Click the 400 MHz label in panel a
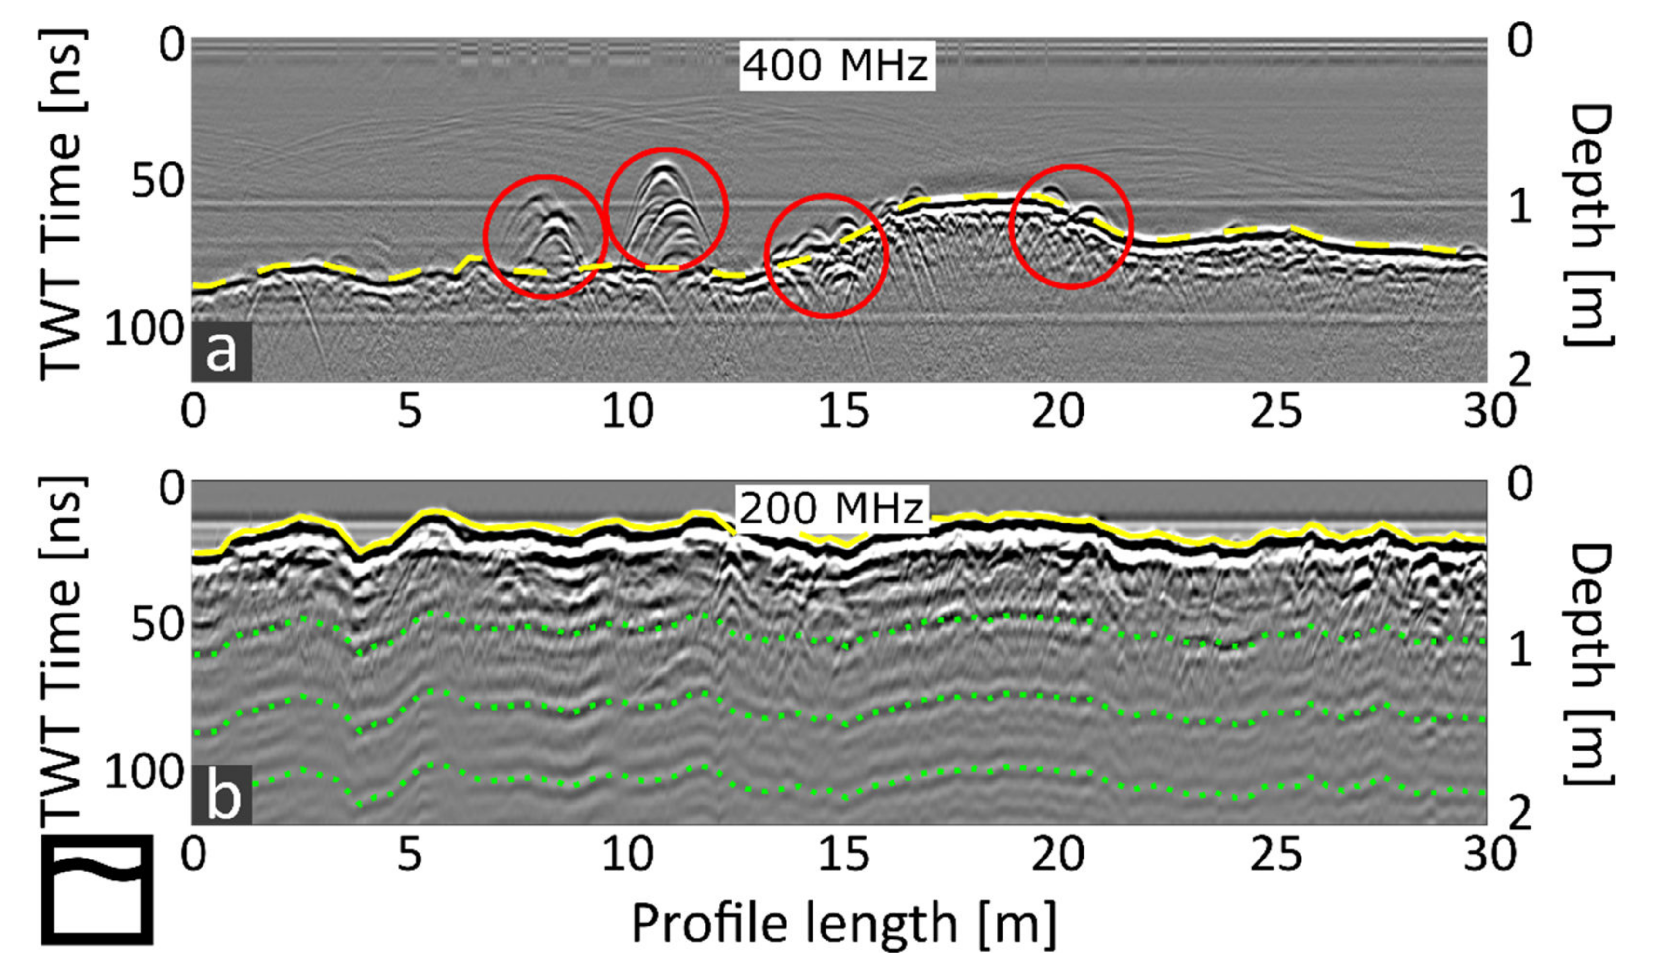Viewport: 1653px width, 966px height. [x=836, y=66]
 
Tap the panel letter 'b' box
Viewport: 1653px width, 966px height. [x=222, y=795]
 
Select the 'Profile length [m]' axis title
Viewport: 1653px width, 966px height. [x=844, y=924]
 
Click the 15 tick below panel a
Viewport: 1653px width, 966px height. [x=843, y=412]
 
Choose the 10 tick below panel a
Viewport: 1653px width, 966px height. [x=628, y=412]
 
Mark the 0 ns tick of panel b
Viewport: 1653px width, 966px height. [x=172, y=489]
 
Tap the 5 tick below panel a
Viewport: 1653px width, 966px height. [x=409, y=412]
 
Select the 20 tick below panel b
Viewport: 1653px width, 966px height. [x=1057, y=855]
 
